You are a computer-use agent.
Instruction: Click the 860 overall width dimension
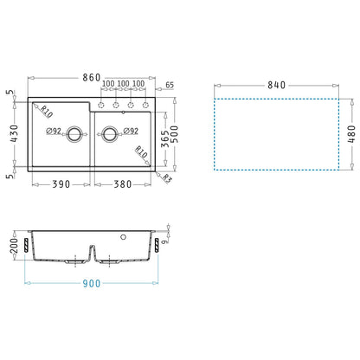click(x=92, y=77)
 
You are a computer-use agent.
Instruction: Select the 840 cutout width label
click(x=276, y=85)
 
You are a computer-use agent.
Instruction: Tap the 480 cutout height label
click(x=351, y=134)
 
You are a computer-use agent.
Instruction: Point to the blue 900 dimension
click(x=92, y=283)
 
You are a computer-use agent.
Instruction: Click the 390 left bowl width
click(x=61, y=184)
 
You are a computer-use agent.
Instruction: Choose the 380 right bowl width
click(x=123, y=184)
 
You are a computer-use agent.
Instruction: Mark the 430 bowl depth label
click(x=14, y=134)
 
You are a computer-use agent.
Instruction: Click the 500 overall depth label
click(x=175, y=134)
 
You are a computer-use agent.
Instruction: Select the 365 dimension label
click(x=164, y=138)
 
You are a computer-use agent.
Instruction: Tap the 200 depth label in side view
click(x=14, y=246)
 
